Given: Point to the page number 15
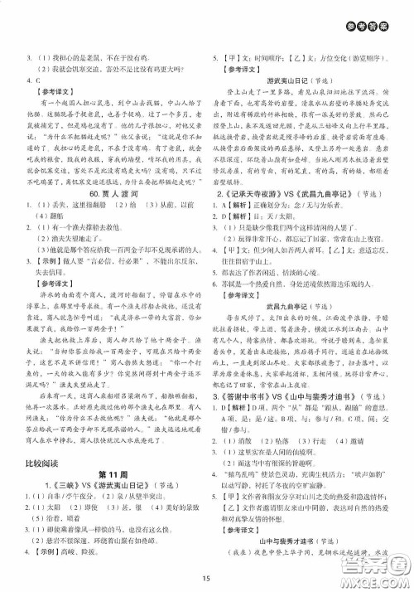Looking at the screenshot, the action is (x=207, y=578).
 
